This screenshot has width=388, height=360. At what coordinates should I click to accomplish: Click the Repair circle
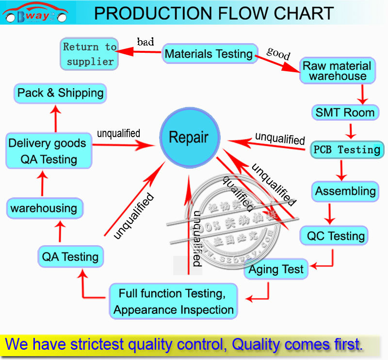[189, 138]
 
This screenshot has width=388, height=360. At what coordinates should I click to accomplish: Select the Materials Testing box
[209, 54]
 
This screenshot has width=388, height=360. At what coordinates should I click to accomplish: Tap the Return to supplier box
[89, 54]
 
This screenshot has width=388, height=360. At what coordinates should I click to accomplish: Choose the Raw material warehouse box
[338, 71]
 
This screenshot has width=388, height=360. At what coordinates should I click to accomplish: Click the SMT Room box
[345, 113]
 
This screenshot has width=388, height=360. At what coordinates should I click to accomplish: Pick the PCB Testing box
[346, 150]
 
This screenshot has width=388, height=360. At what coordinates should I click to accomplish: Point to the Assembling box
[345, 191]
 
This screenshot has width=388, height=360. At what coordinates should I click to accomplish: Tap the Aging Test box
[276, 269]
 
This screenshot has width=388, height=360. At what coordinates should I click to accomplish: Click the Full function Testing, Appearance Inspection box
[173, 301]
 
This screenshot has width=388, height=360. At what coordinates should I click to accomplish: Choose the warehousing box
[44, 208]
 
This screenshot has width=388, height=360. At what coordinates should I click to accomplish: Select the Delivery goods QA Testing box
[47, 151]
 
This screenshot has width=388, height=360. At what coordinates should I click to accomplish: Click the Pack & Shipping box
[61, 93]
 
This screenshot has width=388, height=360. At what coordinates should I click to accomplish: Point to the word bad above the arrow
[145, 42]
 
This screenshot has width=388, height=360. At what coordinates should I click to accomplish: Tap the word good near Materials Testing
[278, 53]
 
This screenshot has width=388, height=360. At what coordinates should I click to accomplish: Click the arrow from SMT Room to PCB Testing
[350, 131]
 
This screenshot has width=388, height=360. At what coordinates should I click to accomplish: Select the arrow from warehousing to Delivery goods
[43, 182]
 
